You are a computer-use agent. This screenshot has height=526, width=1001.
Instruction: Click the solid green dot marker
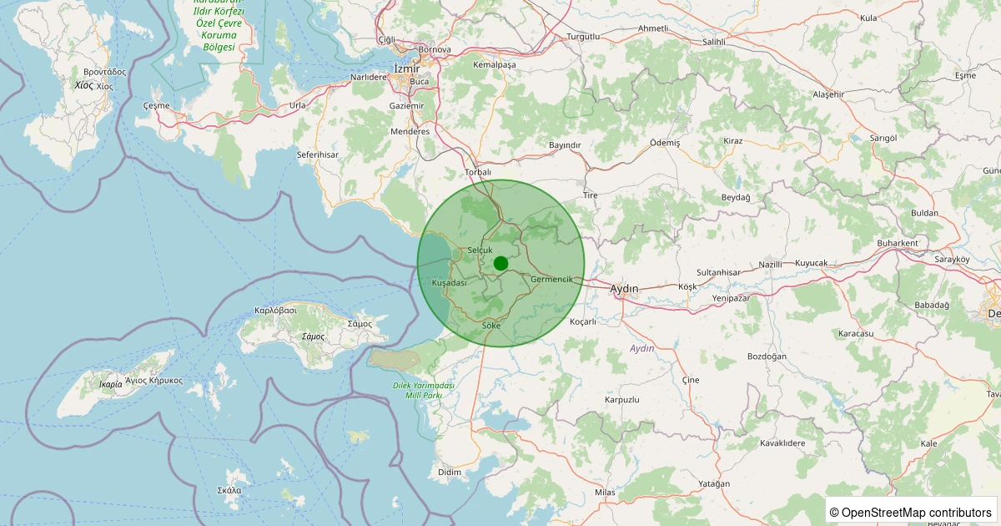[x=500, y=263]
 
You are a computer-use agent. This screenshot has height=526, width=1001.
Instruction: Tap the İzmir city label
[x=406, y=68]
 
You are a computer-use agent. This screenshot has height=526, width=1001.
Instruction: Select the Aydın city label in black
[x=624, y=289]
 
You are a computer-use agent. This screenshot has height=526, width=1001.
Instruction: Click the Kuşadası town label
[x=449, y=283]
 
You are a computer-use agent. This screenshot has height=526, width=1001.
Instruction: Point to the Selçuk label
[x=480, y=250]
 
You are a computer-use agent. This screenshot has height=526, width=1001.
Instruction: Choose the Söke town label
[x=491, y=325]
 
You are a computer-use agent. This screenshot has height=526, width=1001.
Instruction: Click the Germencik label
[x=551, y=279]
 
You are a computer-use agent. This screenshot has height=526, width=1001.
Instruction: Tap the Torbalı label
[x=477, y=172]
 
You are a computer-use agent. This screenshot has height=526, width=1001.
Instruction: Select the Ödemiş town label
[x=665, y=143]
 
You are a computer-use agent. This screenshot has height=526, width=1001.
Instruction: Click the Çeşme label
[x=156, y=106]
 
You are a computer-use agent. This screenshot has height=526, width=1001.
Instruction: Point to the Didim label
[x=450, y=473]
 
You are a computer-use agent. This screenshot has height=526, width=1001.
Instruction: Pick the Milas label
[x=605, y=493]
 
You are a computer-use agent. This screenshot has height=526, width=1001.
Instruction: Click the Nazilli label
[x=770, y=265]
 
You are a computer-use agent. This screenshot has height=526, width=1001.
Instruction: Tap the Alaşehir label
[x=828, y=95]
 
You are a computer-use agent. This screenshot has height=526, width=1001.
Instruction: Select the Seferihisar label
[x=318, y=155]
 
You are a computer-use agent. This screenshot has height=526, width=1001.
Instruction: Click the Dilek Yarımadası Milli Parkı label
[x=424, y=390]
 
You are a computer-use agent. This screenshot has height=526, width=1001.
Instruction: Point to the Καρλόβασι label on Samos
[x=275, y=310]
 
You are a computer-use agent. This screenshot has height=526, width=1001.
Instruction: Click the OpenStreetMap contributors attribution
[x=910, y=512]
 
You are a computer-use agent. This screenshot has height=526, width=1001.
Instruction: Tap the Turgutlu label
[x=583, y=37]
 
